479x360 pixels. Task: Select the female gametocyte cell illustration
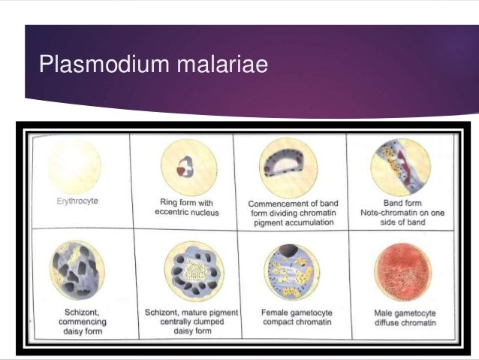point(290,272)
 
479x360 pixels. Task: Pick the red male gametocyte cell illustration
point(402,272)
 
